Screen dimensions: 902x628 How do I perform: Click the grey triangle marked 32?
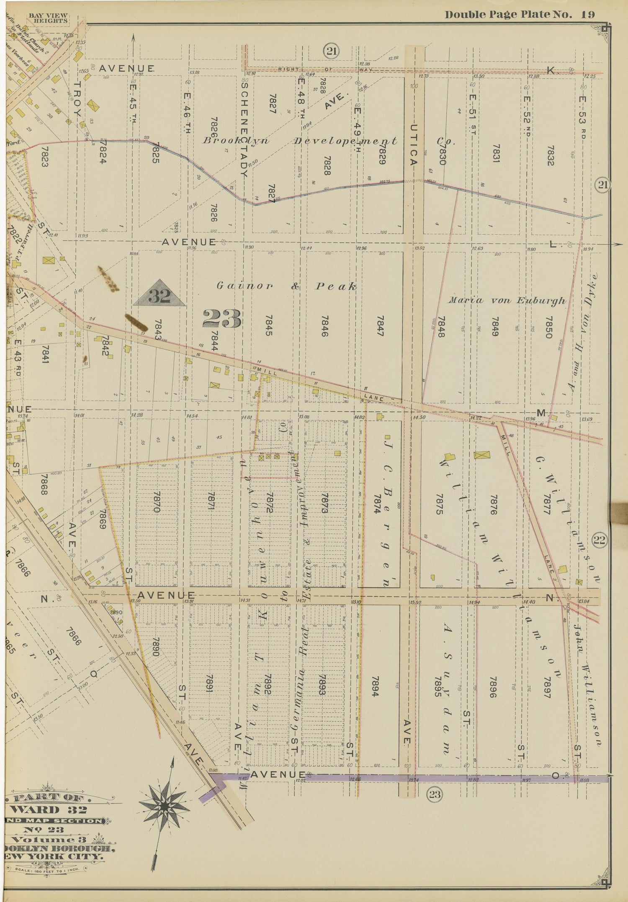pos(160,294)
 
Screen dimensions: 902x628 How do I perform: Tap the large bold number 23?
pos(222,319)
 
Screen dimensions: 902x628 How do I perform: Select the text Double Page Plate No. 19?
pos(519,15)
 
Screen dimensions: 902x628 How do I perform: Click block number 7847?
pos(381,327)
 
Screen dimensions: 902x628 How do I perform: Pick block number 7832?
pos(550,156)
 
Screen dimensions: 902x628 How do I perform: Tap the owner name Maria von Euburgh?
pos(507,301)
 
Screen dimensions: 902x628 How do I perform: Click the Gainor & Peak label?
pos(287,286)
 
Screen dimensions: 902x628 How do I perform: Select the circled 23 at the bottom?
pos(435,794)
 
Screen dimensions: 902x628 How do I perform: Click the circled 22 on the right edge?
pos(599,540)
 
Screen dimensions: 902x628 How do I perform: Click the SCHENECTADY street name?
pos(245,128)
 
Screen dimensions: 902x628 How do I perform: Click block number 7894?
pos(375,686)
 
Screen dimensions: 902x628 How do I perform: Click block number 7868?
pos(44,485)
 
